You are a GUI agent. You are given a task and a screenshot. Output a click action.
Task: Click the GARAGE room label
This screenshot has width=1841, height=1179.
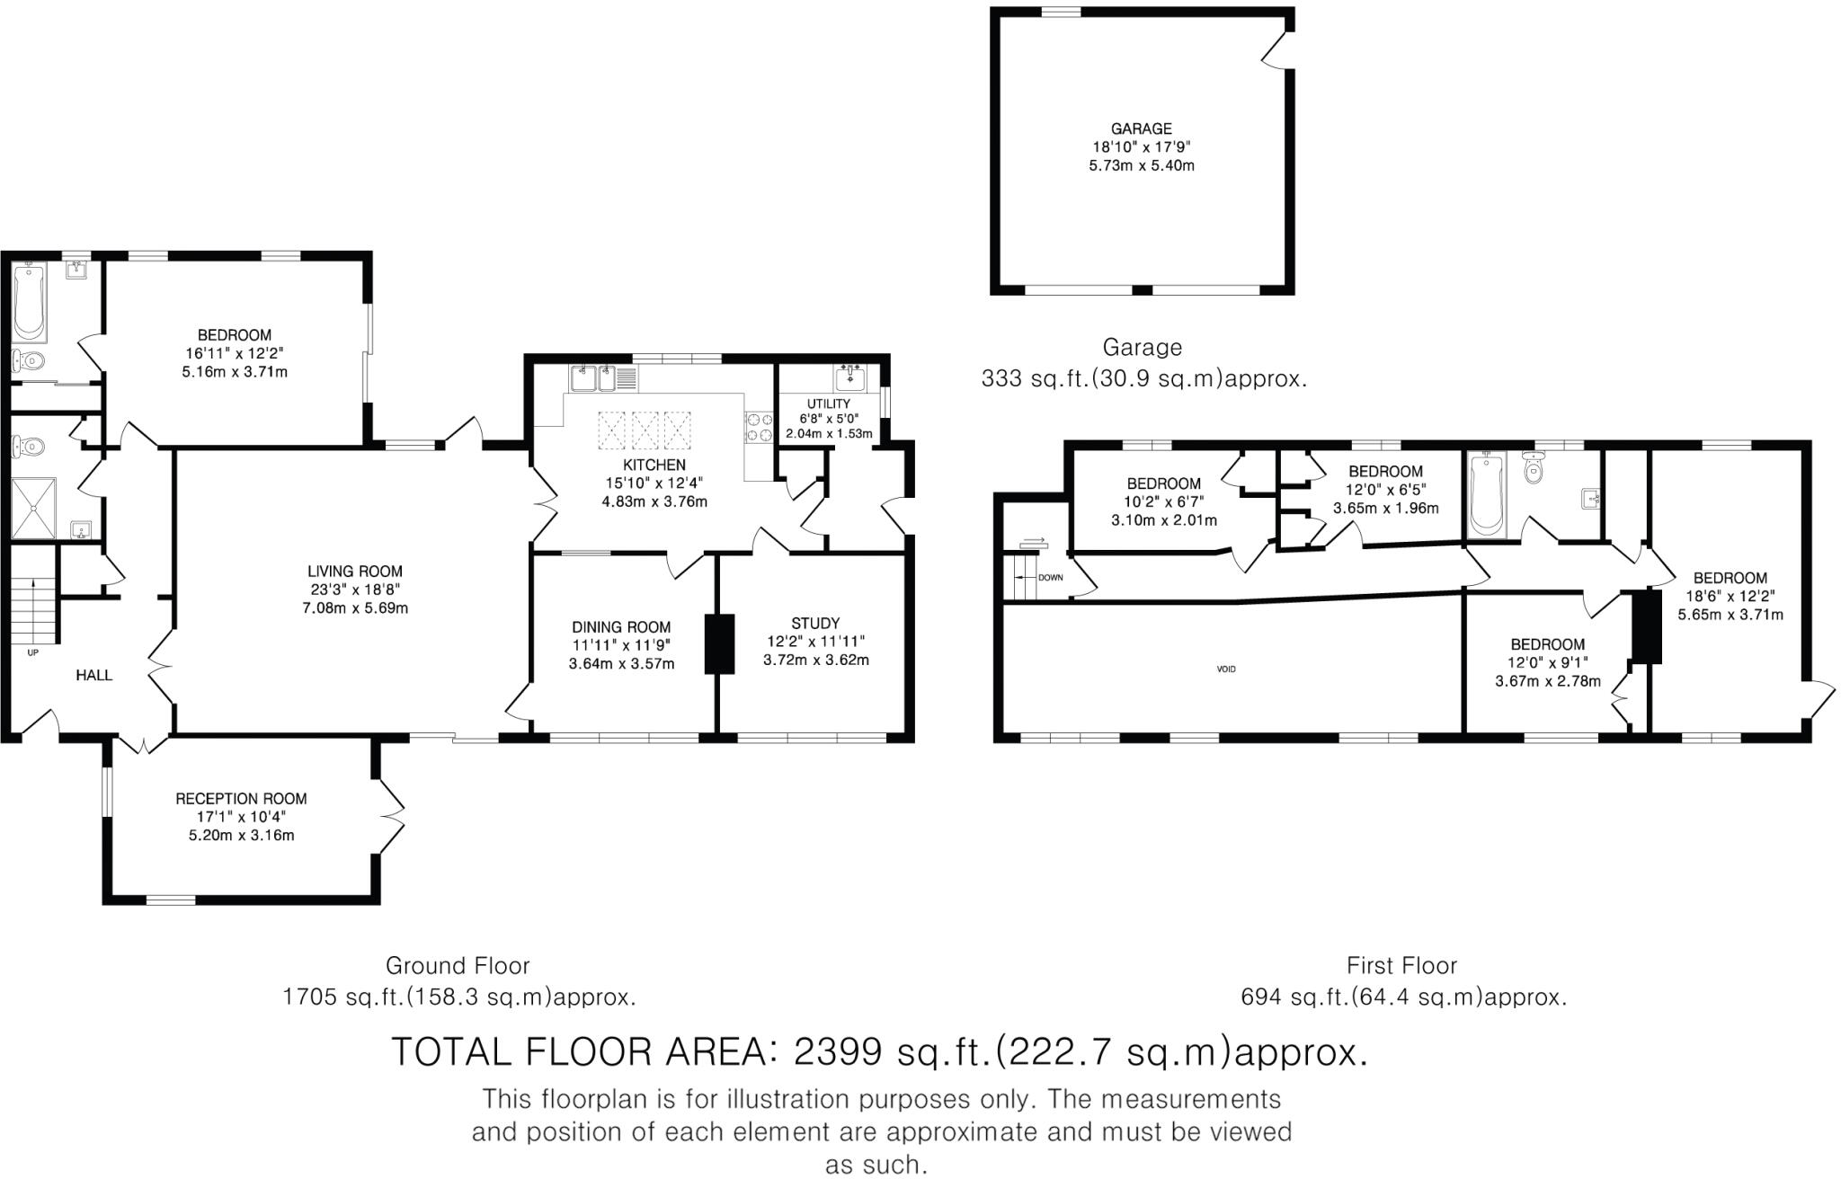pyautogui.click(x=1142, y=129)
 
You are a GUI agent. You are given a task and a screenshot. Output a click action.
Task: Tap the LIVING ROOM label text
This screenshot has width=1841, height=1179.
pyautogui.click(x=355, y=571)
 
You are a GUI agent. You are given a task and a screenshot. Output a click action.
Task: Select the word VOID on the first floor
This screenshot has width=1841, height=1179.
pyautogui.click(x=1226, y=669)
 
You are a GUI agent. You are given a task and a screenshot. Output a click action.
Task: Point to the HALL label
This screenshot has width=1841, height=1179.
pyautogui.click(x=93, y=675)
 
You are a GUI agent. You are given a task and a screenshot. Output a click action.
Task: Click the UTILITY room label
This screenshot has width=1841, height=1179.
pyautogui.click(x=828, y=404)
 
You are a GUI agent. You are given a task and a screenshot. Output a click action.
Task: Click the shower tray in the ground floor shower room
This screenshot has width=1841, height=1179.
pyautogui.click(x=34, y=509)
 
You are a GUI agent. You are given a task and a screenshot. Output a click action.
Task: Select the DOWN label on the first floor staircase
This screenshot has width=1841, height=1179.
pyautogui.click(x=1050, y=578)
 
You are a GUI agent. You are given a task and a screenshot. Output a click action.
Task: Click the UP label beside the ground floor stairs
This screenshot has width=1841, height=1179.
pyautogui.click(x=32, y=653)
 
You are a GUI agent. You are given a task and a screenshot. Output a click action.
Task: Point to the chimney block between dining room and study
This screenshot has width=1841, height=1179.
pyautogui.click(x=719, y=643)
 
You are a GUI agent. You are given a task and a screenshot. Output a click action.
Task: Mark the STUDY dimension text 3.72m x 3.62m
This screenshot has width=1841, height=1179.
pyautogui.click(x=815, y=660)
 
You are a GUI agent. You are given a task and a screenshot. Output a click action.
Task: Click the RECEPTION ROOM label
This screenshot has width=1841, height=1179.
pyautogui.click(x=241, y=799)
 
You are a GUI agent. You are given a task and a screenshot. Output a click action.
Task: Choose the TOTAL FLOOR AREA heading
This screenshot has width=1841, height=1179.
pyautogui.click(x=879, y=1051)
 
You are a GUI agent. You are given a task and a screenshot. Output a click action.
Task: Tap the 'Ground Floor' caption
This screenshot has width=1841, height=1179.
pyautogui.click(x=458, y=966)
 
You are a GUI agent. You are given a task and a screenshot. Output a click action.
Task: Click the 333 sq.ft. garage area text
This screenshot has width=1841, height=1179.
pyautogui.click(x=1143, y=379)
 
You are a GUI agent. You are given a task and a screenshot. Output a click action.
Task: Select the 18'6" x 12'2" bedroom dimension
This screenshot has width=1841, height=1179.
pyautogui.click(x=1730, y=597)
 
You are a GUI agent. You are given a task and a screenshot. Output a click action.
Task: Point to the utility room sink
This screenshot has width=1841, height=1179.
pyautogui.click(x=849, y=377)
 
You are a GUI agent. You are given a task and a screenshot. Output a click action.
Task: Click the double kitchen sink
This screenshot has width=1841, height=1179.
pyautogui.click(x=592, y=378)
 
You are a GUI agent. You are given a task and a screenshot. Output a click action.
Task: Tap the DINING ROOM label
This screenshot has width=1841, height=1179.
pyautogui.click(x=621, y=627)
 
